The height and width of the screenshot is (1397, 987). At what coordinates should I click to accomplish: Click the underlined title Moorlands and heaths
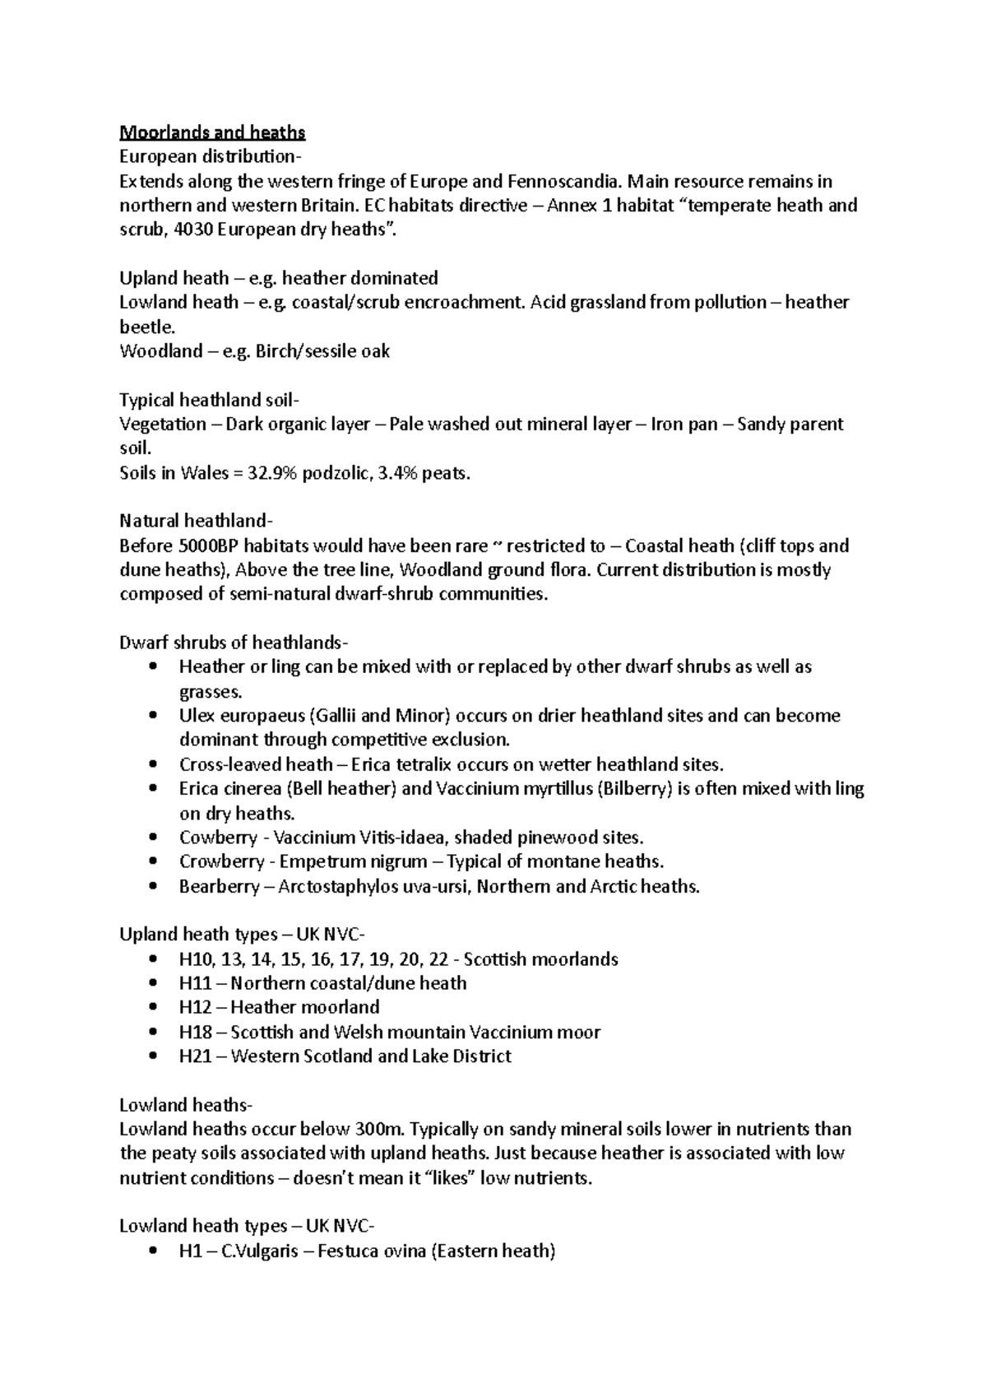tap(212, 132)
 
